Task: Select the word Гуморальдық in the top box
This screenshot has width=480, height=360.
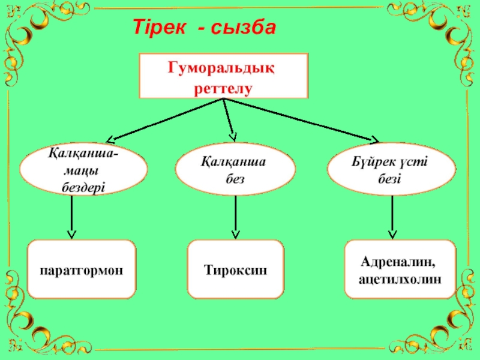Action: pos(222,67)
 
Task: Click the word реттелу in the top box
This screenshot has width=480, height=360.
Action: pos(222,88)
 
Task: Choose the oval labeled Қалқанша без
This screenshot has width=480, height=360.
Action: pos(235,170)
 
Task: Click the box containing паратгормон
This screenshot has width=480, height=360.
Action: pos(82,269)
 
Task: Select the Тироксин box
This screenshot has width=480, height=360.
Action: pos(235,269)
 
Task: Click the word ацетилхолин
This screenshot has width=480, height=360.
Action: pos(400,279)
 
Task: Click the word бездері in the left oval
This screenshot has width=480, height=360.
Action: pos(84,187)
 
